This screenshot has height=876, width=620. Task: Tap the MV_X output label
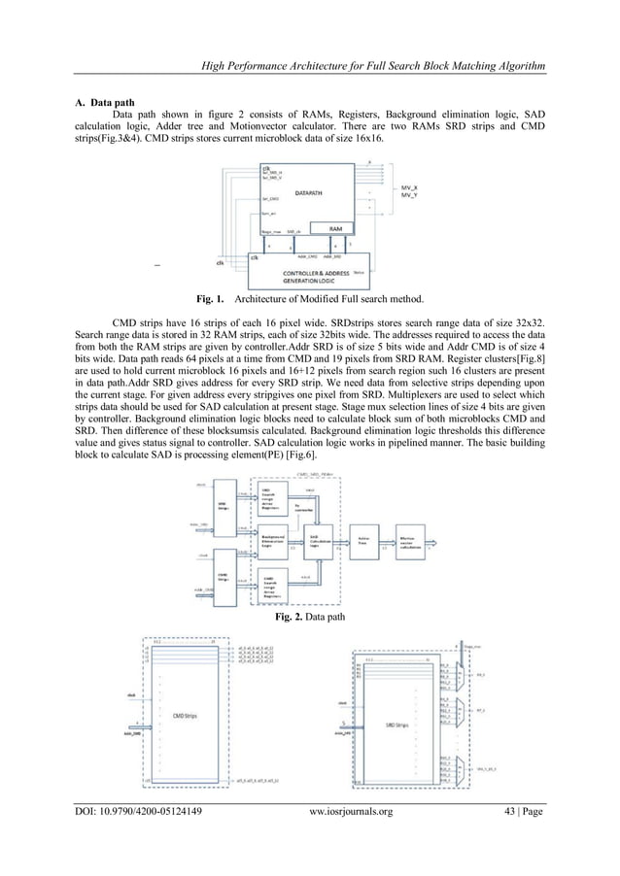click(x=413, y=183)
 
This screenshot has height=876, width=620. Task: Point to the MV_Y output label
click(x=413, y=192)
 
